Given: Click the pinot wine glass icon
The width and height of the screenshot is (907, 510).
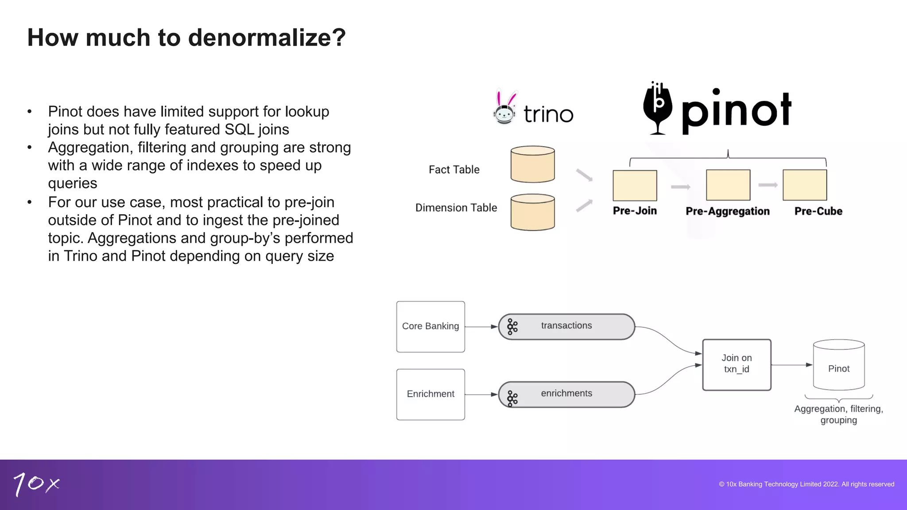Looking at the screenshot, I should coord(658,108).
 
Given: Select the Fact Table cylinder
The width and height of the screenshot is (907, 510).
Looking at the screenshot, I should coord(532,164).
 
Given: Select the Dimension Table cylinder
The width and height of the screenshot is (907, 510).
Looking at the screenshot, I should coord(532,212).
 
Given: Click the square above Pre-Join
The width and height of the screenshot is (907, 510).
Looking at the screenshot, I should coord(635,185).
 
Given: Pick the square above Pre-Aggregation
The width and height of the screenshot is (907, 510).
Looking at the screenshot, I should coord(728,185).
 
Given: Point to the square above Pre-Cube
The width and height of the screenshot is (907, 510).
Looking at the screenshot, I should coord(805,185).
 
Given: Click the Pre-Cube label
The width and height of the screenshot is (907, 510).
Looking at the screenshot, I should coord(818,211).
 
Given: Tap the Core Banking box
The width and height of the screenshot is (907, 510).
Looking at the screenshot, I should coord(430,327).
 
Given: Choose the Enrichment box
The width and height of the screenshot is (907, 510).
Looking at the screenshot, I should coord(430,394).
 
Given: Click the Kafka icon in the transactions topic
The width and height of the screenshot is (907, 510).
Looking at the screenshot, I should coord(512,327).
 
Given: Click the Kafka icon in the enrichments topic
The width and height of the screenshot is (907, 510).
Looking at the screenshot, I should coord(512,398).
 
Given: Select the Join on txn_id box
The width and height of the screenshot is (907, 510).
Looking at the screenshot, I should coord(736,365).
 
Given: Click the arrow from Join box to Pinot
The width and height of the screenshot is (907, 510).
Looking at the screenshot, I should coord(792,365).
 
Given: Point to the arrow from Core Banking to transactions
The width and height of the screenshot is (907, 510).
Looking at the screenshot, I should coord(481,327).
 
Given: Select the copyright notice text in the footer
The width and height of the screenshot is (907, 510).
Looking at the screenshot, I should coord(806,484).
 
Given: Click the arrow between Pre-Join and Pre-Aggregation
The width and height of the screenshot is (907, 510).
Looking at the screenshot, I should coord(681,187).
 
